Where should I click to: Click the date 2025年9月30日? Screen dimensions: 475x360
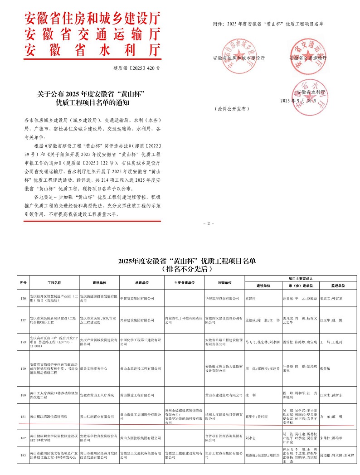click(298, 100)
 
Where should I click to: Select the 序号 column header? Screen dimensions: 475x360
click(23, 282)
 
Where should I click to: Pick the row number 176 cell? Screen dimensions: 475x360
click(23, 298)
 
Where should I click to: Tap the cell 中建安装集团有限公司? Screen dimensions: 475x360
click(137, 298)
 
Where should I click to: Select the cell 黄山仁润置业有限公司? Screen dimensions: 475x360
click(97, 416)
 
